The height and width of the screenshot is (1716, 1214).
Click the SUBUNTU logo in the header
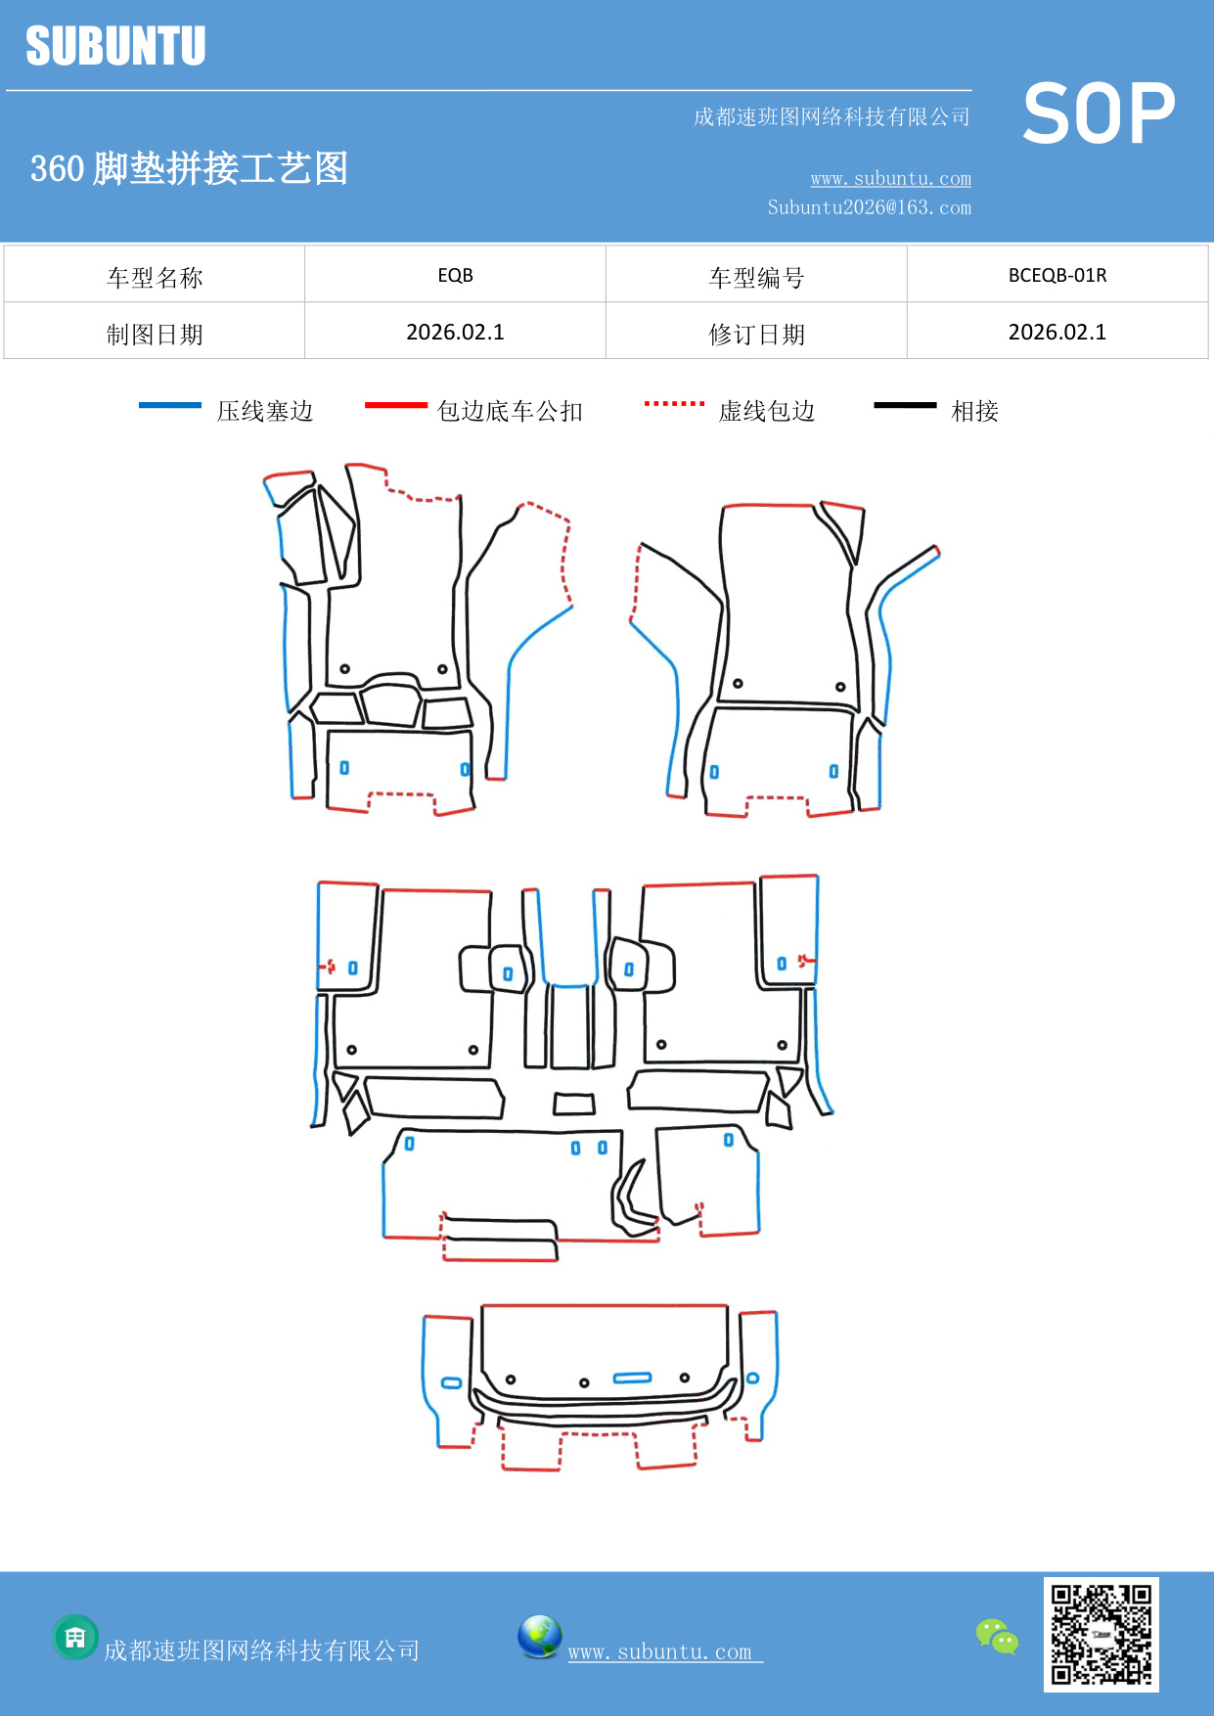[115, 46]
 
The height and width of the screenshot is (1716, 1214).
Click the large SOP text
[1098, 113]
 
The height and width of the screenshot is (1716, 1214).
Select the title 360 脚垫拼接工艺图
[189, 168]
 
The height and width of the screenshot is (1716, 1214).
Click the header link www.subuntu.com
[890, 178]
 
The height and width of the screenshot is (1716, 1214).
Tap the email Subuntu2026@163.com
[869, 207]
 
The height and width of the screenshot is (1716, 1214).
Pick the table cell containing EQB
[455, 275]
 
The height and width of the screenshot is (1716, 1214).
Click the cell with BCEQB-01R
[1057, 275]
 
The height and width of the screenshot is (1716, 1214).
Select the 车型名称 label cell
[155, 277]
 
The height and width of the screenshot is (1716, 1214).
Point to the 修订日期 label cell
[756, 334]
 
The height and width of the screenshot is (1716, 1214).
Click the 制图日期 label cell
[155, 334]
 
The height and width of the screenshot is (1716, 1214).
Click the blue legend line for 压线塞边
[170, 405]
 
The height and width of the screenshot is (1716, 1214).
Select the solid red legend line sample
[395, 405]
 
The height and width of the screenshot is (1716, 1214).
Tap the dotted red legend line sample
[674, 403]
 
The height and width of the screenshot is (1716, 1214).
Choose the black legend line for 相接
[905, 405]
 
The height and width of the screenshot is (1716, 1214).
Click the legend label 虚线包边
[767, 411]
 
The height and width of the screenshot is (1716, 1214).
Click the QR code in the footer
[1101, 1634]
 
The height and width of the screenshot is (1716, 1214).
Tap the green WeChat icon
[997, 1636]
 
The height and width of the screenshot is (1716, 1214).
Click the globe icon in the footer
[539, 1636]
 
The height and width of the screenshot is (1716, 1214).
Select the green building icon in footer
[75, 1637]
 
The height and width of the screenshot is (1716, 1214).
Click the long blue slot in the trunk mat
[632, 1377]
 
